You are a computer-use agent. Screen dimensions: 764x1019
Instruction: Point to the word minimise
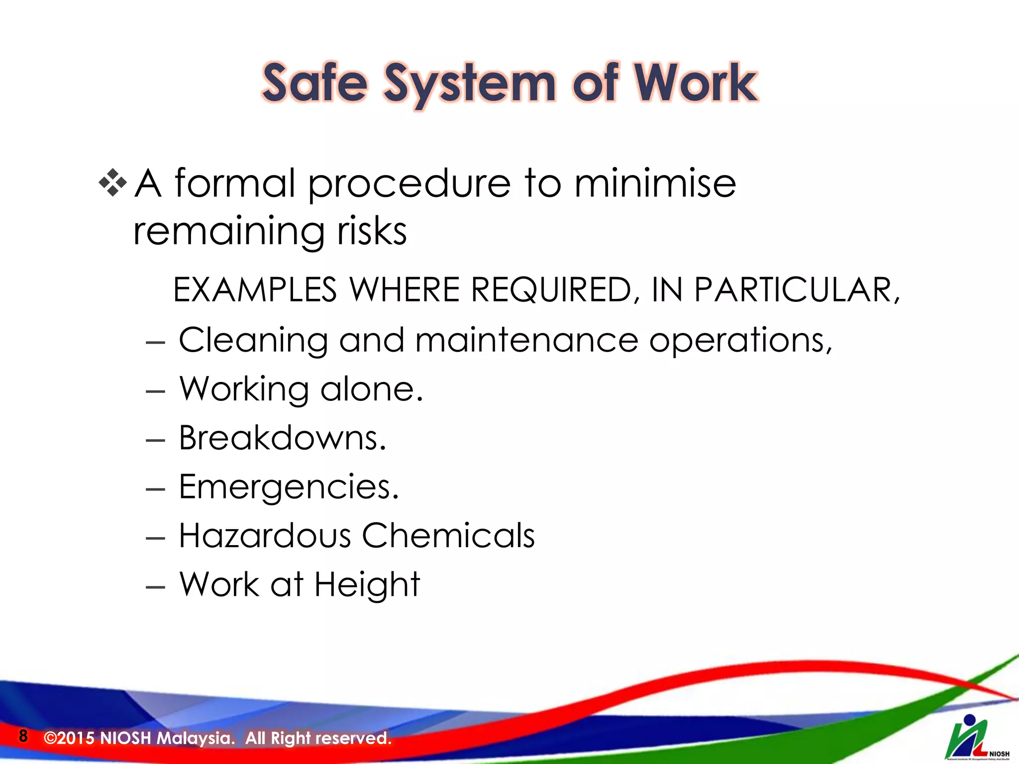click(655, 183)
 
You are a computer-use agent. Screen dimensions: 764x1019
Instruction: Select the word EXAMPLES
click(255, 289)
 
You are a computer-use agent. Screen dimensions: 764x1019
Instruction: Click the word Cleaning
click(253, 341)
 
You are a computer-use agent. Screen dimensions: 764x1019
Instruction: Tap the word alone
click(371, 389)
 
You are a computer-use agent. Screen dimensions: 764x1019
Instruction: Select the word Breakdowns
click(282, 438)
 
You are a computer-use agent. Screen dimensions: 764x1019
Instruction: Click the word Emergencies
click(289, 487)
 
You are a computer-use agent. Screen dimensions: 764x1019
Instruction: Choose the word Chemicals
click(448, 535)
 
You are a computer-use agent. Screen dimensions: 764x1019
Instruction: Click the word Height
click(367, 585)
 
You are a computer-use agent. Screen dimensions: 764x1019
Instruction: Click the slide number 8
click(23, 736)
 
